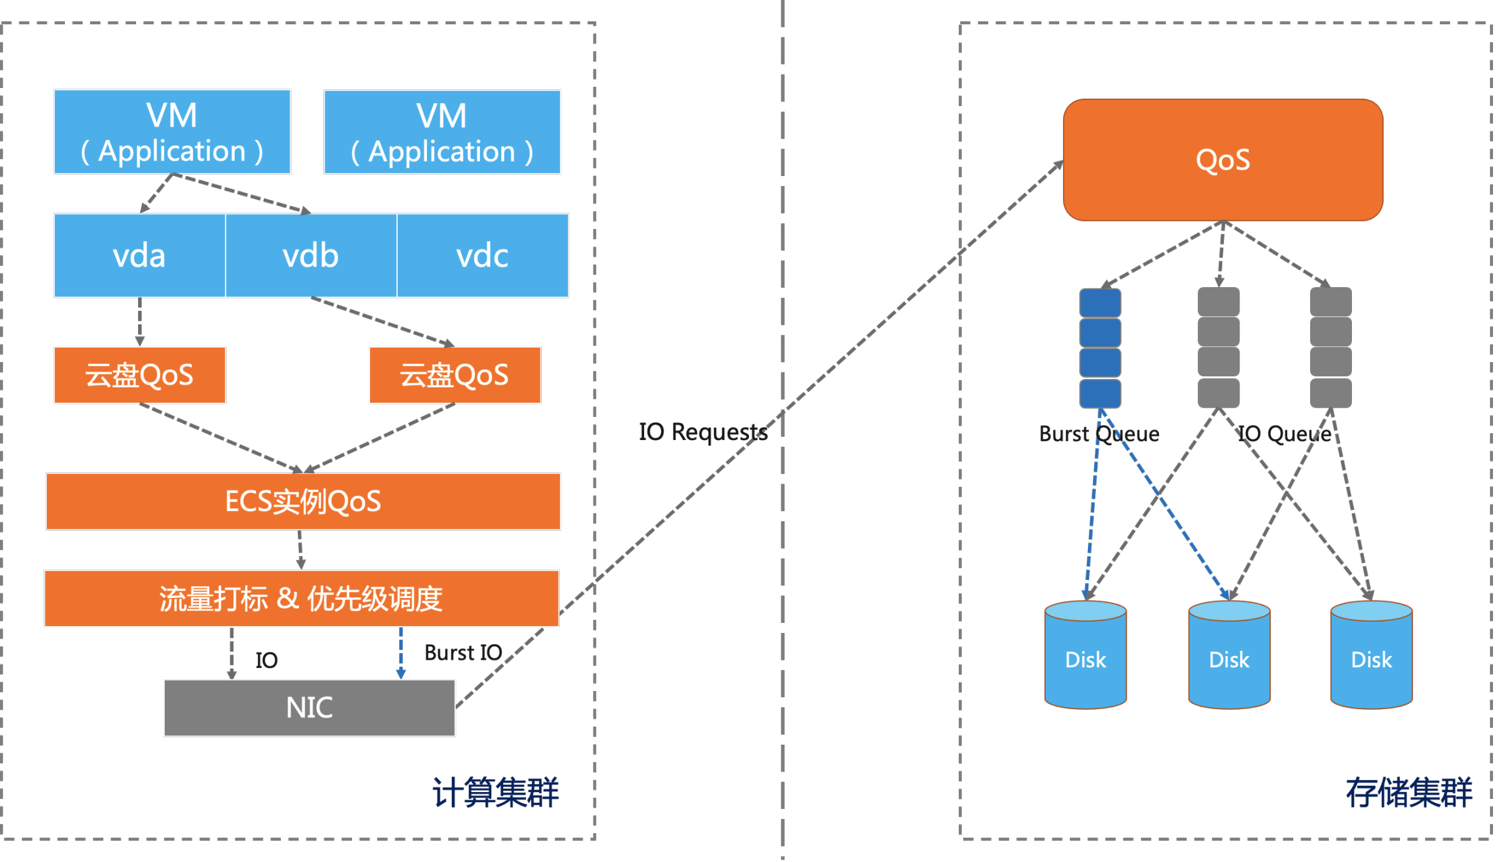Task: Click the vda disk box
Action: pyautogui.click(x=139, y=255)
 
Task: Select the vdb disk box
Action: pyautogui.click(x=311, y=255)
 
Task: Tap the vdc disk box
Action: pyautogui.click(x=482, y=255)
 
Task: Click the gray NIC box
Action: pyautogui.click(x=310, y=708)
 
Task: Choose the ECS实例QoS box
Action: pyautogui.click(x=303, y=501)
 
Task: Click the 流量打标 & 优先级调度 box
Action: pyautogui.click(x=301, y=598)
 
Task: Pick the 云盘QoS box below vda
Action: pyautogui.click(x=139, y=375)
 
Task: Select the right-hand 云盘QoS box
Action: pyautogui.click(x=455, y=375)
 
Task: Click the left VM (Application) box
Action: pyautogui.click(x=172, y=132)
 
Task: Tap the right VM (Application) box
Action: pyautogui.click(x=442, y=132)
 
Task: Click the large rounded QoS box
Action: pyautogui.click(x=1223, y=160)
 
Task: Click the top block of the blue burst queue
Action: pyautogui.click(x=1100, y=303)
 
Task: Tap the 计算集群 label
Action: pyautogui.click(x=496, y=793)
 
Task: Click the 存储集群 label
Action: pyautogui.click(x=1409, y=793)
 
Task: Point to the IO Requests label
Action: pyautogui.click(x=703, y=432)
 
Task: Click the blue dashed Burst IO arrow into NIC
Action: pyautogui.click(x=401, y=653)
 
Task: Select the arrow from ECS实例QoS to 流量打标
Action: pyautogui.click(x=300, y=550)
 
